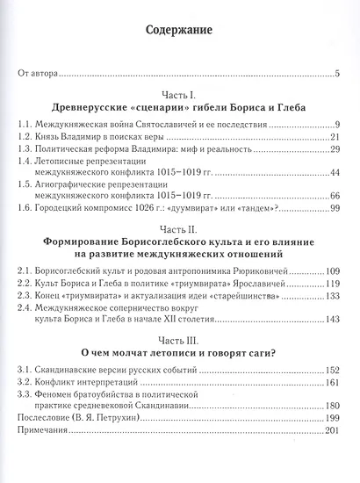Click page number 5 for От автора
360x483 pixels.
337,74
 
